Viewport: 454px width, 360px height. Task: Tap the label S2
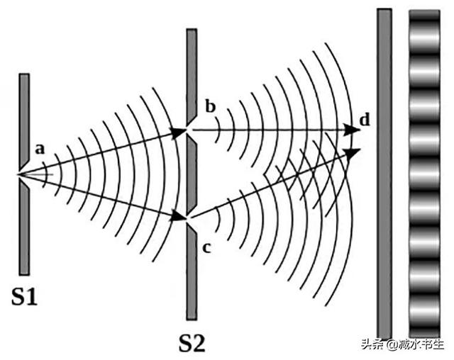click(x=192, y=343)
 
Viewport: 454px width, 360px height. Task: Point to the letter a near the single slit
click(x=40, y=150)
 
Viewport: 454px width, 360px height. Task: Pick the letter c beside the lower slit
click(x=206, y=247)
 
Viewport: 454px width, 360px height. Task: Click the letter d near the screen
click(x=365, y=120)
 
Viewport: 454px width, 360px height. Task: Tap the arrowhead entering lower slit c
click(x=179, y=215)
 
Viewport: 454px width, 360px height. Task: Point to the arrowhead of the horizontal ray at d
click(x=352, y=130)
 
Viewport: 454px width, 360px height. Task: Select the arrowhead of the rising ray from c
click(x=352, y=153)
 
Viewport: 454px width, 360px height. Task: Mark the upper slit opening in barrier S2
click(x=189, y=130)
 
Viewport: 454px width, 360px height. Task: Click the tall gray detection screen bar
click(x=384, y=174)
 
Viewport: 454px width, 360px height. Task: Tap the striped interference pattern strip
click(x=425, y=174)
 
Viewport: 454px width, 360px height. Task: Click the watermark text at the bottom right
click(x=403, y=344)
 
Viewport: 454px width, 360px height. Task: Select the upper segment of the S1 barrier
click(x=24, y=121)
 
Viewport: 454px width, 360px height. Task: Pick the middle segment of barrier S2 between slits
click(x=192, y=174)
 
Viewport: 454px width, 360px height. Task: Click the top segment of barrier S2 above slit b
click(x=192, y=77)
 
